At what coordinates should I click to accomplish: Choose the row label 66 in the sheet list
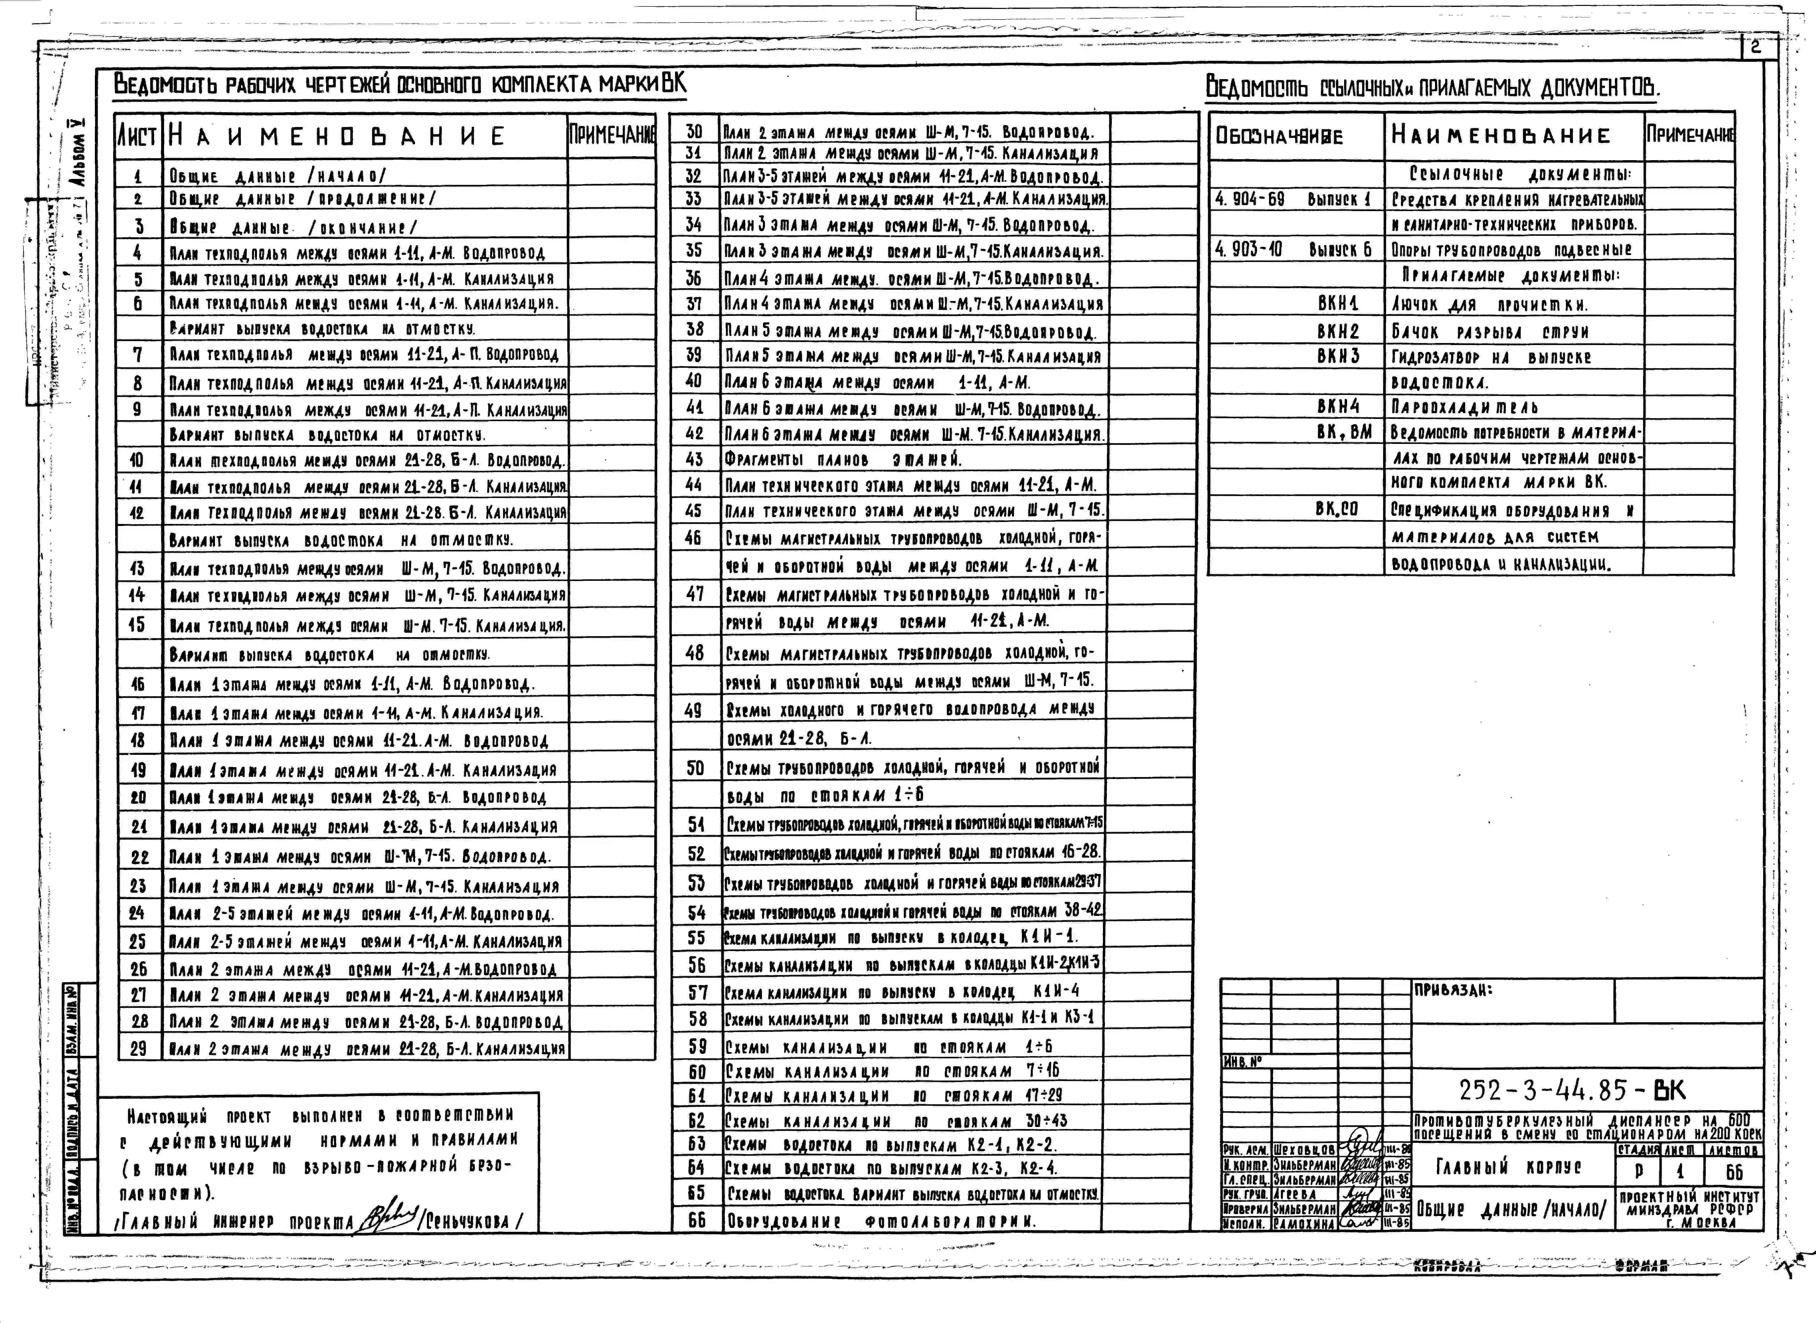[x=697, y=1220]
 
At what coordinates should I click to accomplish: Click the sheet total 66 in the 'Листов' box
[x=1733, y=1172]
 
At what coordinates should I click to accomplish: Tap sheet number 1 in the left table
[x=138, y=175]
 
